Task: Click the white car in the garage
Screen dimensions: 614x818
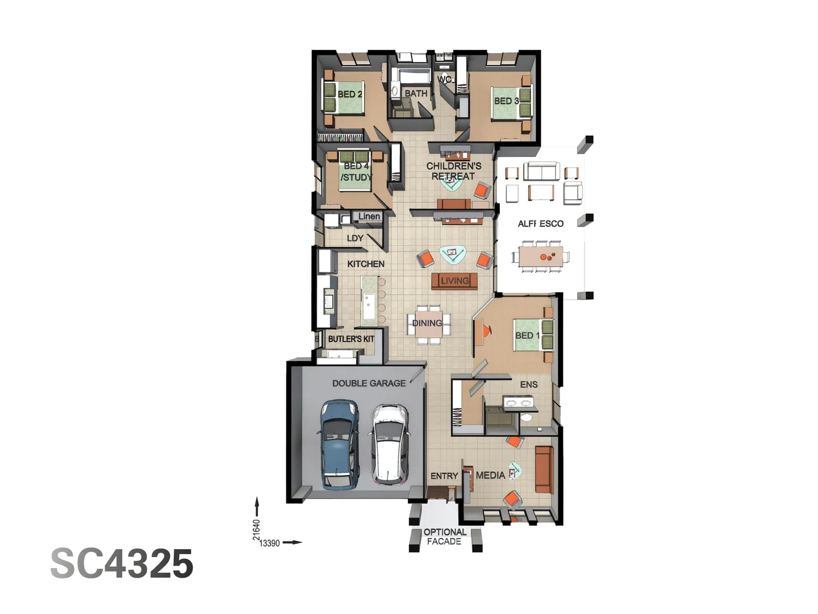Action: (x=390, y=444)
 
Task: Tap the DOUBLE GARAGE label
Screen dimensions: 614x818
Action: (x=369, y=384)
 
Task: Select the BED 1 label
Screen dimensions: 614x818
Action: (x=527, y=335)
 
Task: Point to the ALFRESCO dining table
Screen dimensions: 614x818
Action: (x=541, y=256)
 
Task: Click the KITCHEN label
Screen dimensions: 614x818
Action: (x=366, y=264)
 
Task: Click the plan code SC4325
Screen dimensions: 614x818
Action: (x=122, y=564)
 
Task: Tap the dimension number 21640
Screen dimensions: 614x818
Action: (x=257, y=529)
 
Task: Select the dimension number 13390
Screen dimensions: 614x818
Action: (x=270, y=544)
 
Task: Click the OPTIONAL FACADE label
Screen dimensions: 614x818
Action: (x=445, y=537)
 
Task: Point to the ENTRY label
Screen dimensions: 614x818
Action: (x=444, y=476)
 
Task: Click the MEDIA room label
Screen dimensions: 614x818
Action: (x=490, y=475)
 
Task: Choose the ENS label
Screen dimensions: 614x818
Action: (x=529, y=385)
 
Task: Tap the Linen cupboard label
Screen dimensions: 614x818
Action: (x=369, y=217)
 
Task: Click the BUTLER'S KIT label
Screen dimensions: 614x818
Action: (x=351, y=339)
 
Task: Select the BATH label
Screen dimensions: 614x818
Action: (x=416, y=93)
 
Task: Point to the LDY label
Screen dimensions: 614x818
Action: (x=355, y=238)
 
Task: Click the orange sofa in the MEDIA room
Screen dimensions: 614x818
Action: (x=544, y=470)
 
